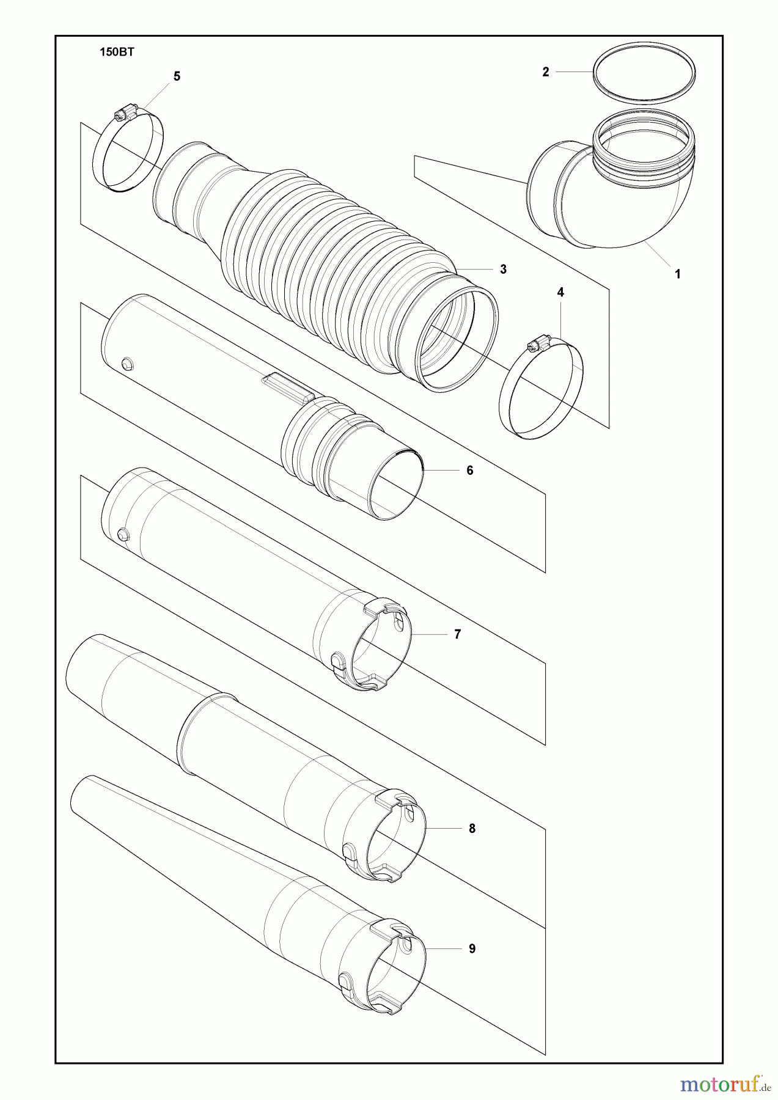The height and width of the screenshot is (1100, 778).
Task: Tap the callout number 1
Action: (x=677, y=274)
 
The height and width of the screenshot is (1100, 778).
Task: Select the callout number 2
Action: (x=546, y=72)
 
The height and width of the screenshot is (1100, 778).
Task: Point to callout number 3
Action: (x=503, y=269)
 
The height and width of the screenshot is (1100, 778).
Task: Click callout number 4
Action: (x=560, y=293)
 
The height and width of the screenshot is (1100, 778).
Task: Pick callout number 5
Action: (x=177, y=76)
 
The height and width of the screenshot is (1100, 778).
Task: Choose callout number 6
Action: (x=469, y=470)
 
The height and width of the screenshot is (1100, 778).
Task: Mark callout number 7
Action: (x=457, y=634)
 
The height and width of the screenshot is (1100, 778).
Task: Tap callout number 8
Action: (x=472, y=829)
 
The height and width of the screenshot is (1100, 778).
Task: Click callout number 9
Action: (x=472, y=948)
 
